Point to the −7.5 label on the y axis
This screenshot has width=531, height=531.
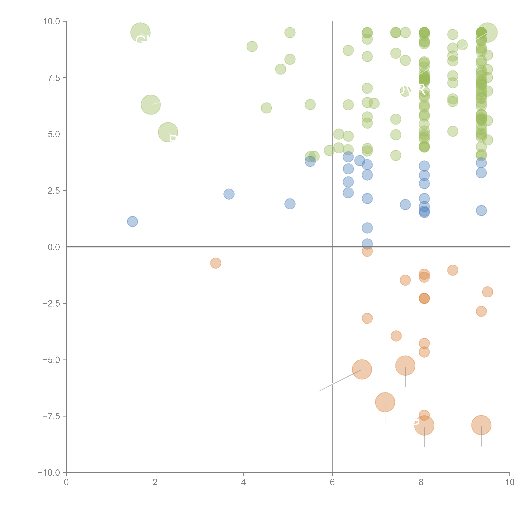tap(51, 416)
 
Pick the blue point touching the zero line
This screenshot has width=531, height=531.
tap(367, 244)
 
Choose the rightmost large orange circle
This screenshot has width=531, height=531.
tap(481, 425)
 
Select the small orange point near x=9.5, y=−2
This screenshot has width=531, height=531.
tap(487, 292)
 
